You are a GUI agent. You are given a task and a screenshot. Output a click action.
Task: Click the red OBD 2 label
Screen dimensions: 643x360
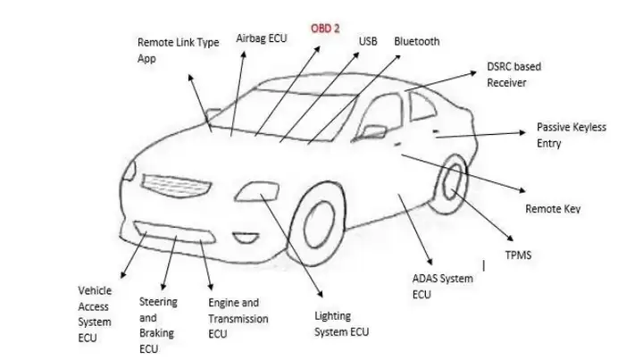coord(325,29)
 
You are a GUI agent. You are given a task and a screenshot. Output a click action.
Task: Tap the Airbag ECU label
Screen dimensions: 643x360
coord(261,38)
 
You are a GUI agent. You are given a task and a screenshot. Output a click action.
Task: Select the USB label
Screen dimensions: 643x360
coord(368,41)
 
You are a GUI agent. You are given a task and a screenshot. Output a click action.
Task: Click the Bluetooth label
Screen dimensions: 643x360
coord(416,41)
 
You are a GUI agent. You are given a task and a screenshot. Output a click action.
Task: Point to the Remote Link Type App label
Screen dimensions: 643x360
coord(178,50)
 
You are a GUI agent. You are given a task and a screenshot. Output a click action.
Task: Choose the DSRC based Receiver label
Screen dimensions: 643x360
coord(514,74)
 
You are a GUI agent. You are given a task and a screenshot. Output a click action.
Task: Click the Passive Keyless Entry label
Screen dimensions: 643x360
coord(571,135)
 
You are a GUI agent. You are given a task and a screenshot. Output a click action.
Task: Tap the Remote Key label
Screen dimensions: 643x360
coord(553,209)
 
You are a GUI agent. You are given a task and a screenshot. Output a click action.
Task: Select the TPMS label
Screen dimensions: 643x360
coord(518,255)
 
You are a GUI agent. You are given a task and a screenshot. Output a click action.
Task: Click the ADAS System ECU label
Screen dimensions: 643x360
coord(442,286)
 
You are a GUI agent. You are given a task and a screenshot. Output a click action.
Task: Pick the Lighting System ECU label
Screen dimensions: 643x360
coord(341,323)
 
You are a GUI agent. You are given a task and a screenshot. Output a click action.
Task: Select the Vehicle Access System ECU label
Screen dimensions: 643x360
coord(95,314)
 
